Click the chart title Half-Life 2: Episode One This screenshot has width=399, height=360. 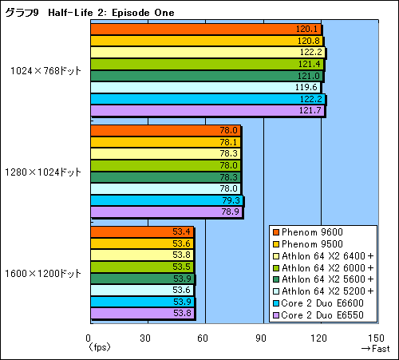coord(111,13)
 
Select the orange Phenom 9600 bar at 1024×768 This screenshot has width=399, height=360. coord(206,29)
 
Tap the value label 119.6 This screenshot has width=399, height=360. coord(306,87)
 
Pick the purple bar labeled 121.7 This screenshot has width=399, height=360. coord(207,110)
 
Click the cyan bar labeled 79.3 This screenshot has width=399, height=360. coord(167,200)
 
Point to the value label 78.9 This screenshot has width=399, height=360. coord(231,212)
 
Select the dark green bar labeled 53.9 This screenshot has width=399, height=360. coord(143,279)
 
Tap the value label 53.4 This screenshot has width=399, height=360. coord(181,231)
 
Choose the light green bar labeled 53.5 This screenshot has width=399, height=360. coord(142,267)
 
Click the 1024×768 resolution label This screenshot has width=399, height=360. coord(45,71)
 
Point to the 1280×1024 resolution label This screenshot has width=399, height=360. coord(43,172)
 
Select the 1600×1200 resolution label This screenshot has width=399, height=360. coord(43,273)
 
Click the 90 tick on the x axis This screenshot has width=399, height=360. coord(261,338)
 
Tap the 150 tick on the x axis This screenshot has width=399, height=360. coord(376,338)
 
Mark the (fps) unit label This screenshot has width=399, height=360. coord(99,347)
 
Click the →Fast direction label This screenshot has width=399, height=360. coord(375,349)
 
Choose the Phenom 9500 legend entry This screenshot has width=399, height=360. coord(308,244)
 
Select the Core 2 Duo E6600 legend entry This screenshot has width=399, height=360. coord(318,303)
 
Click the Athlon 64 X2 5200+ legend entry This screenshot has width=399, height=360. coord(323,291)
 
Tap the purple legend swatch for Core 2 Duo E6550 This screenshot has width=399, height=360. coord(276,315)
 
